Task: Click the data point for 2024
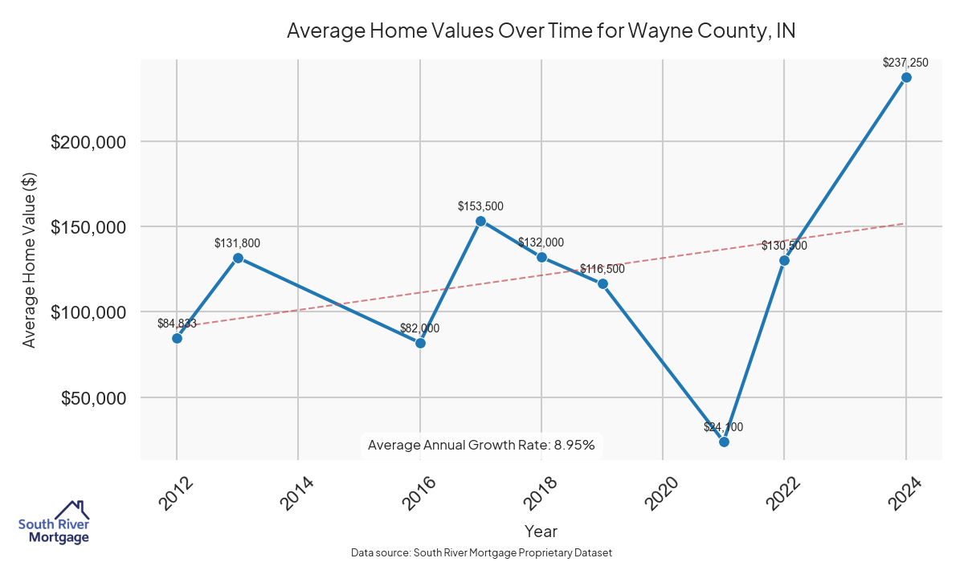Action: click(x=906, y=77)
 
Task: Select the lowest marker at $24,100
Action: click(x=724, y=442)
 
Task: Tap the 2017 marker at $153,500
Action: click(x=480, y=221)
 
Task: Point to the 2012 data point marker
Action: click(x=177, y=338)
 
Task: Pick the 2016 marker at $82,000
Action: click(x=420, y=343)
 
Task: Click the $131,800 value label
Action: click(x=237, y=242)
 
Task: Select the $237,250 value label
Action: click(x=905, y=62)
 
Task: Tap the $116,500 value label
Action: click(x=602, y=269)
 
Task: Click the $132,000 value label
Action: click(x=541, y=242)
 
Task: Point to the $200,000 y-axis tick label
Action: click(x=89, y=142)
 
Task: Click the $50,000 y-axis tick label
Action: click(x=94, y=398)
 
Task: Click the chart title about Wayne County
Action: click(x=541, y=31)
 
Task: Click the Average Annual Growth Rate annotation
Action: click(x=481, y=445)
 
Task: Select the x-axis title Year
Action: click(x=541, y=531)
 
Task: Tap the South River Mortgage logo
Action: click(x=55, y=523)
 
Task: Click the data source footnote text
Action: click(x=482, y=552)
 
